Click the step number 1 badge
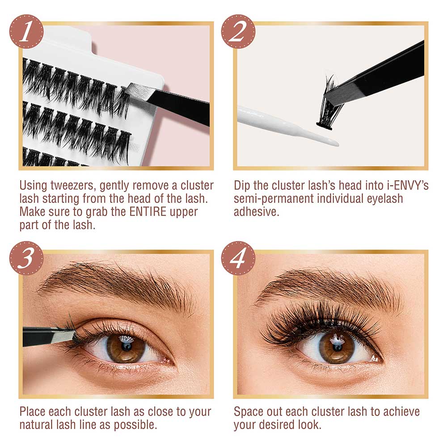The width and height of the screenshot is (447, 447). click(26, 31)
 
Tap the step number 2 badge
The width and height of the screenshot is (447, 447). click(238, 31)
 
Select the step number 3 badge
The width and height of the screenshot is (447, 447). click(26, 258)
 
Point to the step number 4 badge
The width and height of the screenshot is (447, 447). click(238, 258)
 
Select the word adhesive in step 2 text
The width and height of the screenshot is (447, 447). click(256, 212)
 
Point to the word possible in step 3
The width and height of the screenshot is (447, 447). click(135, 425)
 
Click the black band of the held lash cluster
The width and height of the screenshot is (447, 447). click(325, 126)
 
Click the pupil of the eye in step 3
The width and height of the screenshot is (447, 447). click(126, 347)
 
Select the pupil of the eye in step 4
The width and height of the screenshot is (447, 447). click(337, 347)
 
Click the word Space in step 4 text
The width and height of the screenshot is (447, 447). click(248, 412)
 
